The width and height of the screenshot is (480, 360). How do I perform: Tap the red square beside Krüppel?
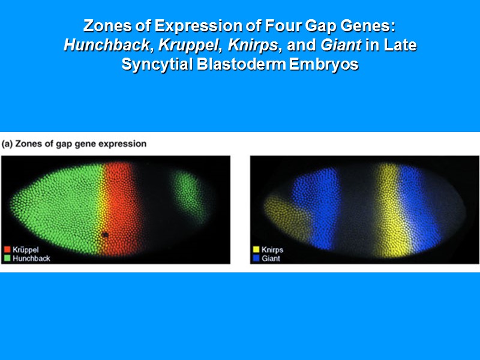click(x=7, y=248)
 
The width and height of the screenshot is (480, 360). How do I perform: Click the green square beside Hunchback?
click(x=7, y=257)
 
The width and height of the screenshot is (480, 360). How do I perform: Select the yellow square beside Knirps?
click(x=256, y=249)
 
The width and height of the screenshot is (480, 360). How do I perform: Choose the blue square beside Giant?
click(x=256, y=258)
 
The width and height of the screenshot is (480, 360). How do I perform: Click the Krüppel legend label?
click(x=26, y=248)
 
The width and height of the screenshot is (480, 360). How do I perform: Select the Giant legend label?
click(x=271, y=258)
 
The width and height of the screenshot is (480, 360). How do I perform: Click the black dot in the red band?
click(x=105, y=235)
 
